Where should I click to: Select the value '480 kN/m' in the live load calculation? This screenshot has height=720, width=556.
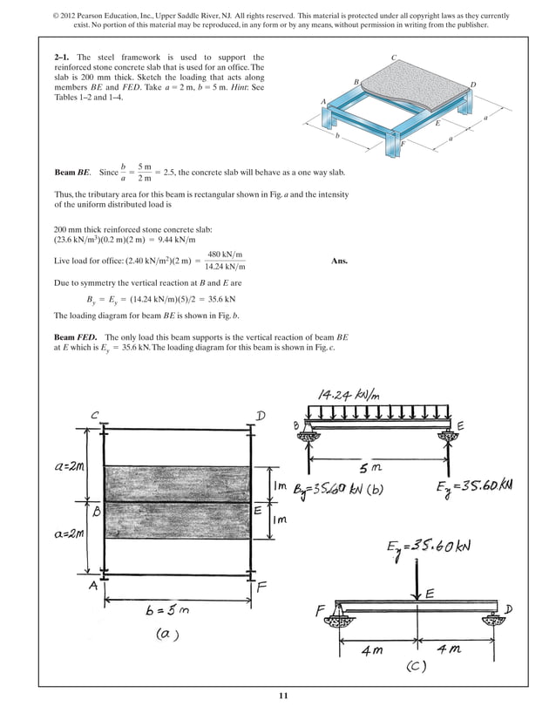224,254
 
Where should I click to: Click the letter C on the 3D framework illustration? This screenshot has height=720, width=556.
394,58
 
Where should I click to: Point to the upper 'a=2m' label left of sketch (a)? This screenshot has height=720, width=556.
67,466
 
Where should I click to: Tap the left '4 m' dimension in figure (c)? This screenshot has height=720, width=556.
376,650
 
